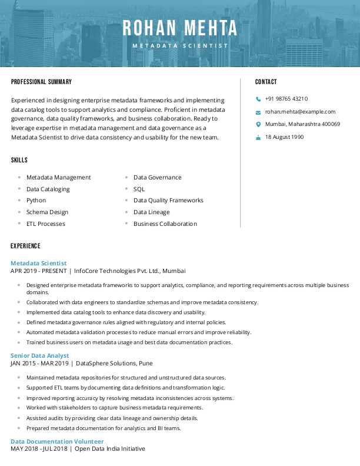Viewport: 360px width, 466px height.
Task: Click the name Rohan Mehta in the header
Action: click(x=180, y=28)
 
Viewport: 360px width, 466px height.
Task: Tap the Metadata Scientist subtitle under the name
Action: click(x=180, y=45)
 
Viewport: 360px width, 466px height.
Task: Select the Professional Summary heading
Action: click(x=41, y=82)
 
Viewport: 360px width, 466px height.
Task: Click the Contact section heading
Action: click(x=266, y=82)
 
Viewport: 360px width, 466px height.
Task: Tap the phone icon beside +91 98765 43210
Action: click(x=258, y=99)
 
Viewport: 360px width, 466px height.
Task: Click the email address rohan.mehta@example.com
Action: click(x=300, y=111)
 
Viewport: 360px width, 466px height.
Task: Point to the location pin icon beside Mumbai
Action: click(x=258, y=124)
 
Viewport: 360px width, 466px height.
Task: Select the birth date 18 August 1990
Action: click(x=284, y=137)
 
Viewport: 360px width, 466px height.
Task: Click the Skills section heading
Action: click(x=19, y=160)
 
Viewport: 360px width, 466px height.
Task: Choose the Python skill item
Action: click(x=36, y=201)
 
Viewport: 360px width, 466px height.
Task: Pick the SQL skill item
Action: click(x=139, y=189)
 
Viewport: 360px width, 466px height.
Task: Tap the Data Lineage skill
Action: click(x=151, y=212)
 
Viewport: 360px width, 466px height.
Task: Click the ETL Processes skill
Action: click(x=46, y=224)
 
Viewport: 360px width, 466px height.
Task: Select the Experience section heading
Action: click(x=26, y=246)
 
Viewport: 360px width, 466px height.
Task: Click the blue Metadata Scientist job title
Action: click(x=39, y=263)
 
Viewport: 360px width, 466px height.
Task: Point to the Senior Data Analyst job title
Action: click(x=40, y=355)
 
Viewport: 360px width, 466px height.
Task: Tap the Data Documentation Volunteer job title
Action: click(x=57, y=441)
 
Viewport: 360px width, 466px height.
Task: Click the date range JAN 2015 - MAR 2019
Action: click(x=39, y=364)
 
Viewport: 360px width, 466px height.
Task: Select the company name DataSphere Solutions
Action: click(x=105, y=364)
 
